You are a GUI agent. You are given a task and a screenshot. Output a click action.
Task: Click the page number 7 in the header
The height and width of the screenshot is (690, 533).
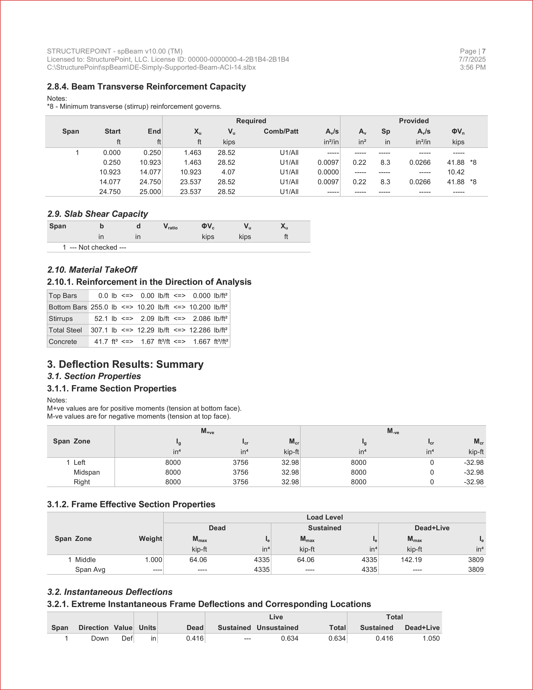484,51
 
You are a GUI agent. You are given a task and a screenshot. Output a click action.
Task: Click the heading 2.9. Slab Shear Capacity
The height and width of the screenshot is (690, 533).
98,214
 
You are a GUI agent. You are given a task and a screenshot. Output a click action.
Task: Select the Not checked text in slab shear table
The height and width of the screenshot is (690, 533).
98,247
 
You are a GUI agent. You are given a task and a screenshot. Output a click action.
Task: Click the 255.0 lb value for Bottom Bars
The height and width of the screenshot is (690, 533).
99,307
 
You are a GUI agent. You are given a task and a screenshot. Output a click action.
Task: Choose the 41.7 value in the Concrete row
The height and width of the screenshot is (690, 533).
101,341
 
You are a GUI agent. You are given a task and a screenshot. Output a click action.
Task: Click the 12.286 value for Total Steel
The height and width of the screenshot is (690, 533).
200,330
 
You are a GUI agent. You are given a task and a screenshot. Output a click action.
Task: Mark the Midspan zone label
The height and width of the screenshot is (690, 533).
87,472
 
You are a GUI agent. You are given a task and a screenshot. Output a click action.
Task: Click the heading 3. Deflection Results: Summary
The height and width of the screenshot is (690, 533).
125,364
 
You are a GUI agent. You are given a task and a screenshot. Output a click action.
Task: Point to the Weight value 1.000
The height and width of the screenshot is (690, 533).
153,560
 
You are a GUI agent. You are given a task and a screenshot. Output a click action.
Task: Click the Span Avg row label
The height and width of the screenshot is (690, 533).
90,569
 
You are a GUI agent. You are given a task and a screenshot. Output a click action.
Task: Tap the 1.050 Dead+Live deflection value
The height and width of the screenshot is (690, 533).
431,638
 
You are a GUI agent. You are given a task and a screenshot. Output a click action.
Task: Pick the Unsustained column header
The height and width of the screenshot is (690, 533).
277,627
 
